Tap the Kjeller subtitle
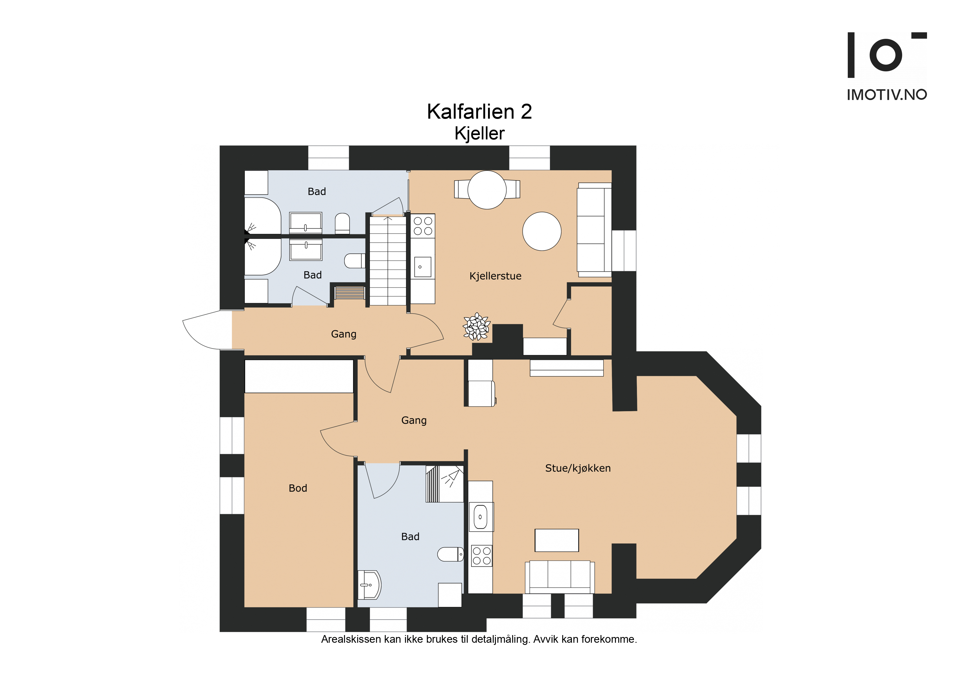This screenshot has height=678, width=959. tap(480, 134)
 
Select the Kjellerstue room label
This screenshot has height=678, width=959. tap(495, 276)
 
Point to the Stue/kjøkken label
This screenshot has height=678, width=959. tap(578, 468)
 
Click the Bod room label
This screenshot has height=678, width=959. tap(298, 488)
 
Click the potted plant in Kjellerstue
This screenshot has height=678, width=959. tap(476, 326)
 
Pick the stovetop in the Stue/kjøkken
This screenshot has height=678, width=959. tap(482, 556)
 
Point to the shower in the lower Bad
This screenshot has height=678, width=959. tap(445, 484)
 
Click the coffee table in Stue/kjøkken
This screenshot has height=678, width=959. tap(557, 540)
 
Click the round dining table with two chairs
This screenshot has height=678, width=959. tap(487, 190)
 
